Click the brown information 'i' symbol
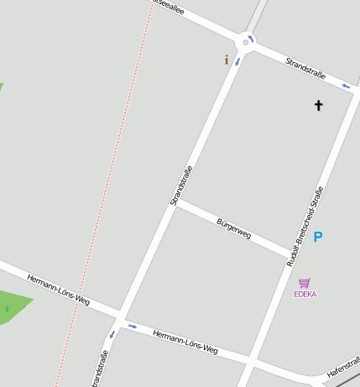226,60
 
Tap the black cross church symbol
318,105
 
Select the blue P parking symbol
318,238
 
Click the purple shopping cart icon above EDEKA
305,283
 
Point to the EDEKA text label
305,295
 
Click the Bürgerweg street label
233,229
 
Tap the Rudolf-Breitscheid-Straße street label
305,227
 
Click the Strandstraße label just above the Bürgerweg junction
181,186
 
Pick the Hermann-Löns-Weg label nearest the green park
58,288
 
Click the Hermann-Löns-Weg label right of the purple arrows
185,340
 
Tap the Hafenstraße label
342,366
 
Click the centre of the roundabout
245,41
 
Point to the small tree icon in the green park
7,310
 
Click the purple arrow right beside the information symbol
237,61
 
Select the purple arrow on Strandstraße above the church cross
345,86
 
